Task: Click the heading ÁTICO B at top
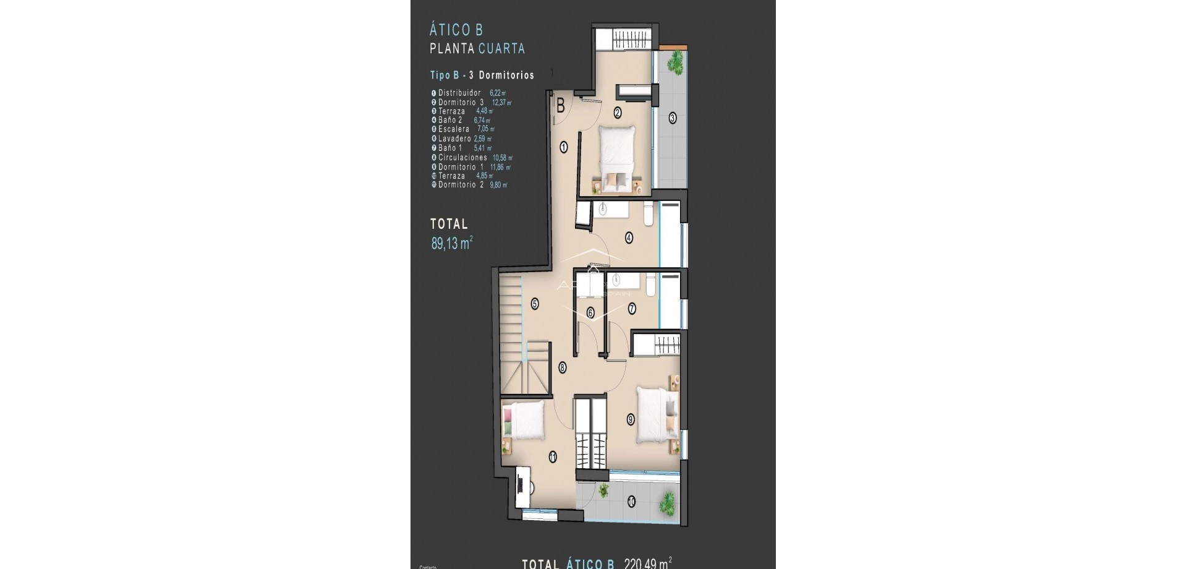point(456,30)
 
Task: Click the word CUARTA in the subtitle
point(501,48)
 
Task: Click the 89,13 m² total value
point(451,243)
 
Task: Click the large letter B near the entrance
point(561,106)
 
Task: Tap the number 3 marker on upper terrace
point(673,118)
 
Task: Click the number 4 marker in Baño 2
point(629,236)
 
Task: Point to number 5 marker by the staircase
point(535,304)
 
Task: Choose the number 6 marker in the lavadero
point(590,313)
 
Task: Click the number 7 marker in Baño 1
point(632,308)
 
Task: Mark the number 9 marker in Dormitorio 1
point(630,419)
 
